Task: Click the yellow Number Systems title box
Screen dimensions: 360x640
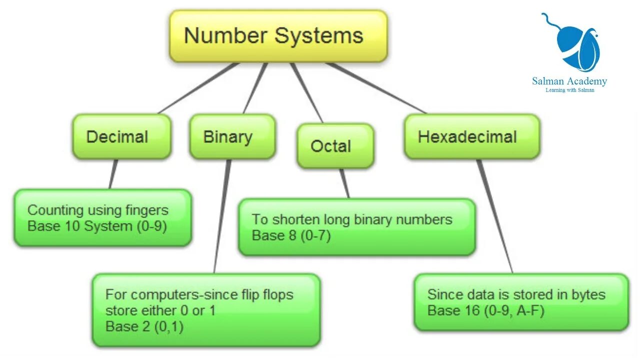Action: click(x=278, y=36)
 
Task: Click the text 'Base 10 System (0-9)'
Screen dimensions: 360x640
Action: click(x=97, y=226)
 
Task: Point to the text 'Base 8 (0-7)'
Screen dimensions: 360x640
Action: click(x=291, y=235)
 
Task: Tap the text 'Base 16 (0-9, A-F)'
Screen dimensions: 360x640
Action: click(x=485, y=310)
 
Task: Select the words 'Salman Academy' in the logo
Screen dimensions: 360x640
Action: click(x=569, y=81)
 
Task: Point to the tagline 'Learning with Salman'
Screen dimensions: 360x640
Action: click(x=569, y=90)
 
